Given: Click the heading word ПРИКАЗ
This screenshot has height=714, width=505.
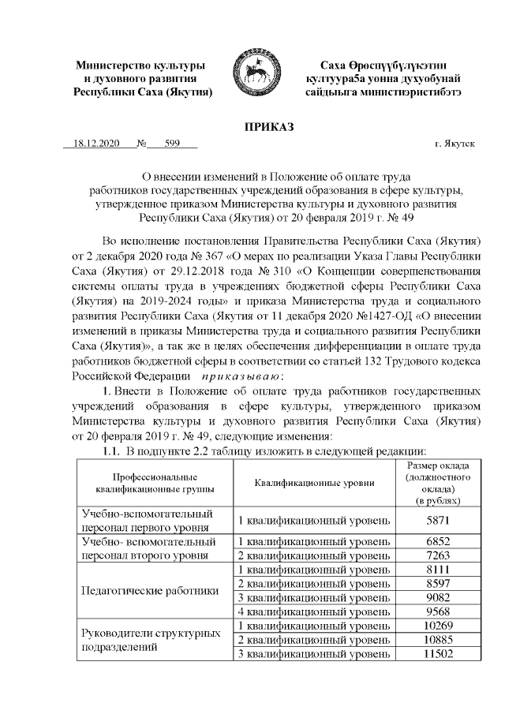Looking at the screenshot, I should click(x=270, y=126).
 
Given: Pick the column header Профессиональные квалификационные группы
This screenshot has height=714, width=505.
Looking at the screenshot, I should click(x=144, y=484).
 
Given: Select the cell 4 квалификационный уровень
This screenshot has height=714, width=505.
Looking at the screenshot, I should click(x=314, y=611).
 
